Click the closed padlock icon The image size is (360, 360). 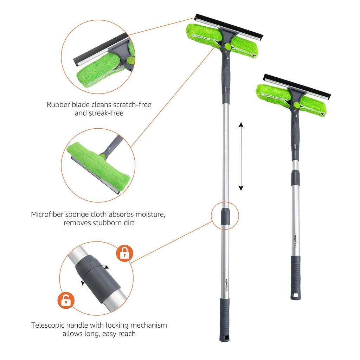point(124,253)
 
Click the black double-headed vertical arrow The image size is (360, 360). point(241,156)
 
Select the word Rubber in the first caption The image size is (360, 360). point(58,105)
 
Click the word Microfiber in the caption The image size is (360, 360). point(47,214)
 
